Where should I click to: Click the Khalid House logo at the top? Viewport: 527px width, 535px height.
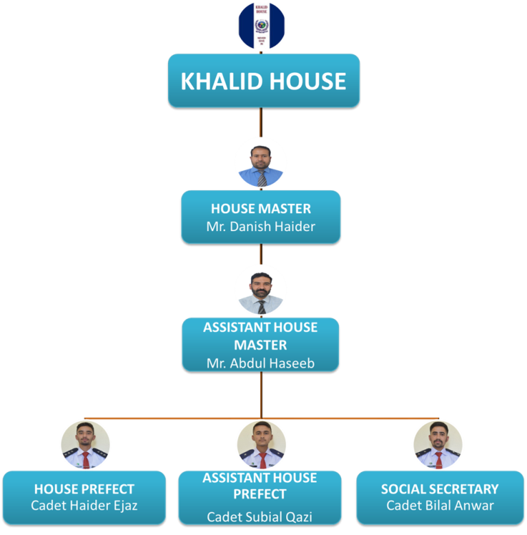(261, 26)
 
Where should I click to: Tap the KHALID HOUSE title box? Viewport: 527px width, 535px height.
(263, 81)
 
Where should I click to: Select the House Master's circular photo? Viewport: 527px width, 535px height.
(261, 163)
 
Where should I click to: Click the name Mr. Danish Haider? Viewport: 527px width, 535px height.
(261, 226)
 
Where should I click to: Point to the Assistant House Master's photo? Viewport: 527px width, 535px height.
(261, 291)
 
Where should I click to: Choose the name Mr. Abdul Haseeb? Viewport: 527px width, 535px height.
(261, 364)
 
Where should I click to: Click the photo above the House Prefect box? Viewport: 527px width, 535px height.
(85, 444)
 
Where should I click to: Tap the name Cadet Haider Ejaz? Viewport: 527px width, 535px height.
(84, 506)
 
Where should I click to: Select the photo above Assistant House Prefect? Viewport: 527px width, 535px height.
(261, 444)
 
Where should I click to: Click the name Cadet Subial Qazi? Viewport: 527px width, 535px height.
(261, 516)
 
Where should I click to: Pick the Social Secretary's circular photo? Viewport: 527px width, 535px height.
(438, 444)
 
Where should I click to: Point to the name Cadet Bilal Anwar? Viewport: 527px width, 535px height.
(440, 506)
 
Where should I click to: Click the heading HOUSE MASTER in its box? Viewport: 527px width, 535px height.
(261, 209)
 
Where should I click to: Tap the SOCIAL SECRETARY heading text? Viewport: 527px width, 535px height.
(440, 489)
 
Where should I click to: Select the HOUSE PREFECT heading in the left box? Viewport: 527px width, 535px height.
(84, 489)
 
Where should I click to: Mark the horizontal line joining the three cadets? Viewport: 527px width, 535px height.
(172, 418)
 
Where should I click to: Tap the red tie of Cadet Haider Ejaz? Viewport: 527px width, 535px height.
(85, 457)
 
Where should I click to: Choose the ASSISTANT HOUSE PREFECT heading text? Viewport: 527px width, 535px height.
(261, 485)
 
